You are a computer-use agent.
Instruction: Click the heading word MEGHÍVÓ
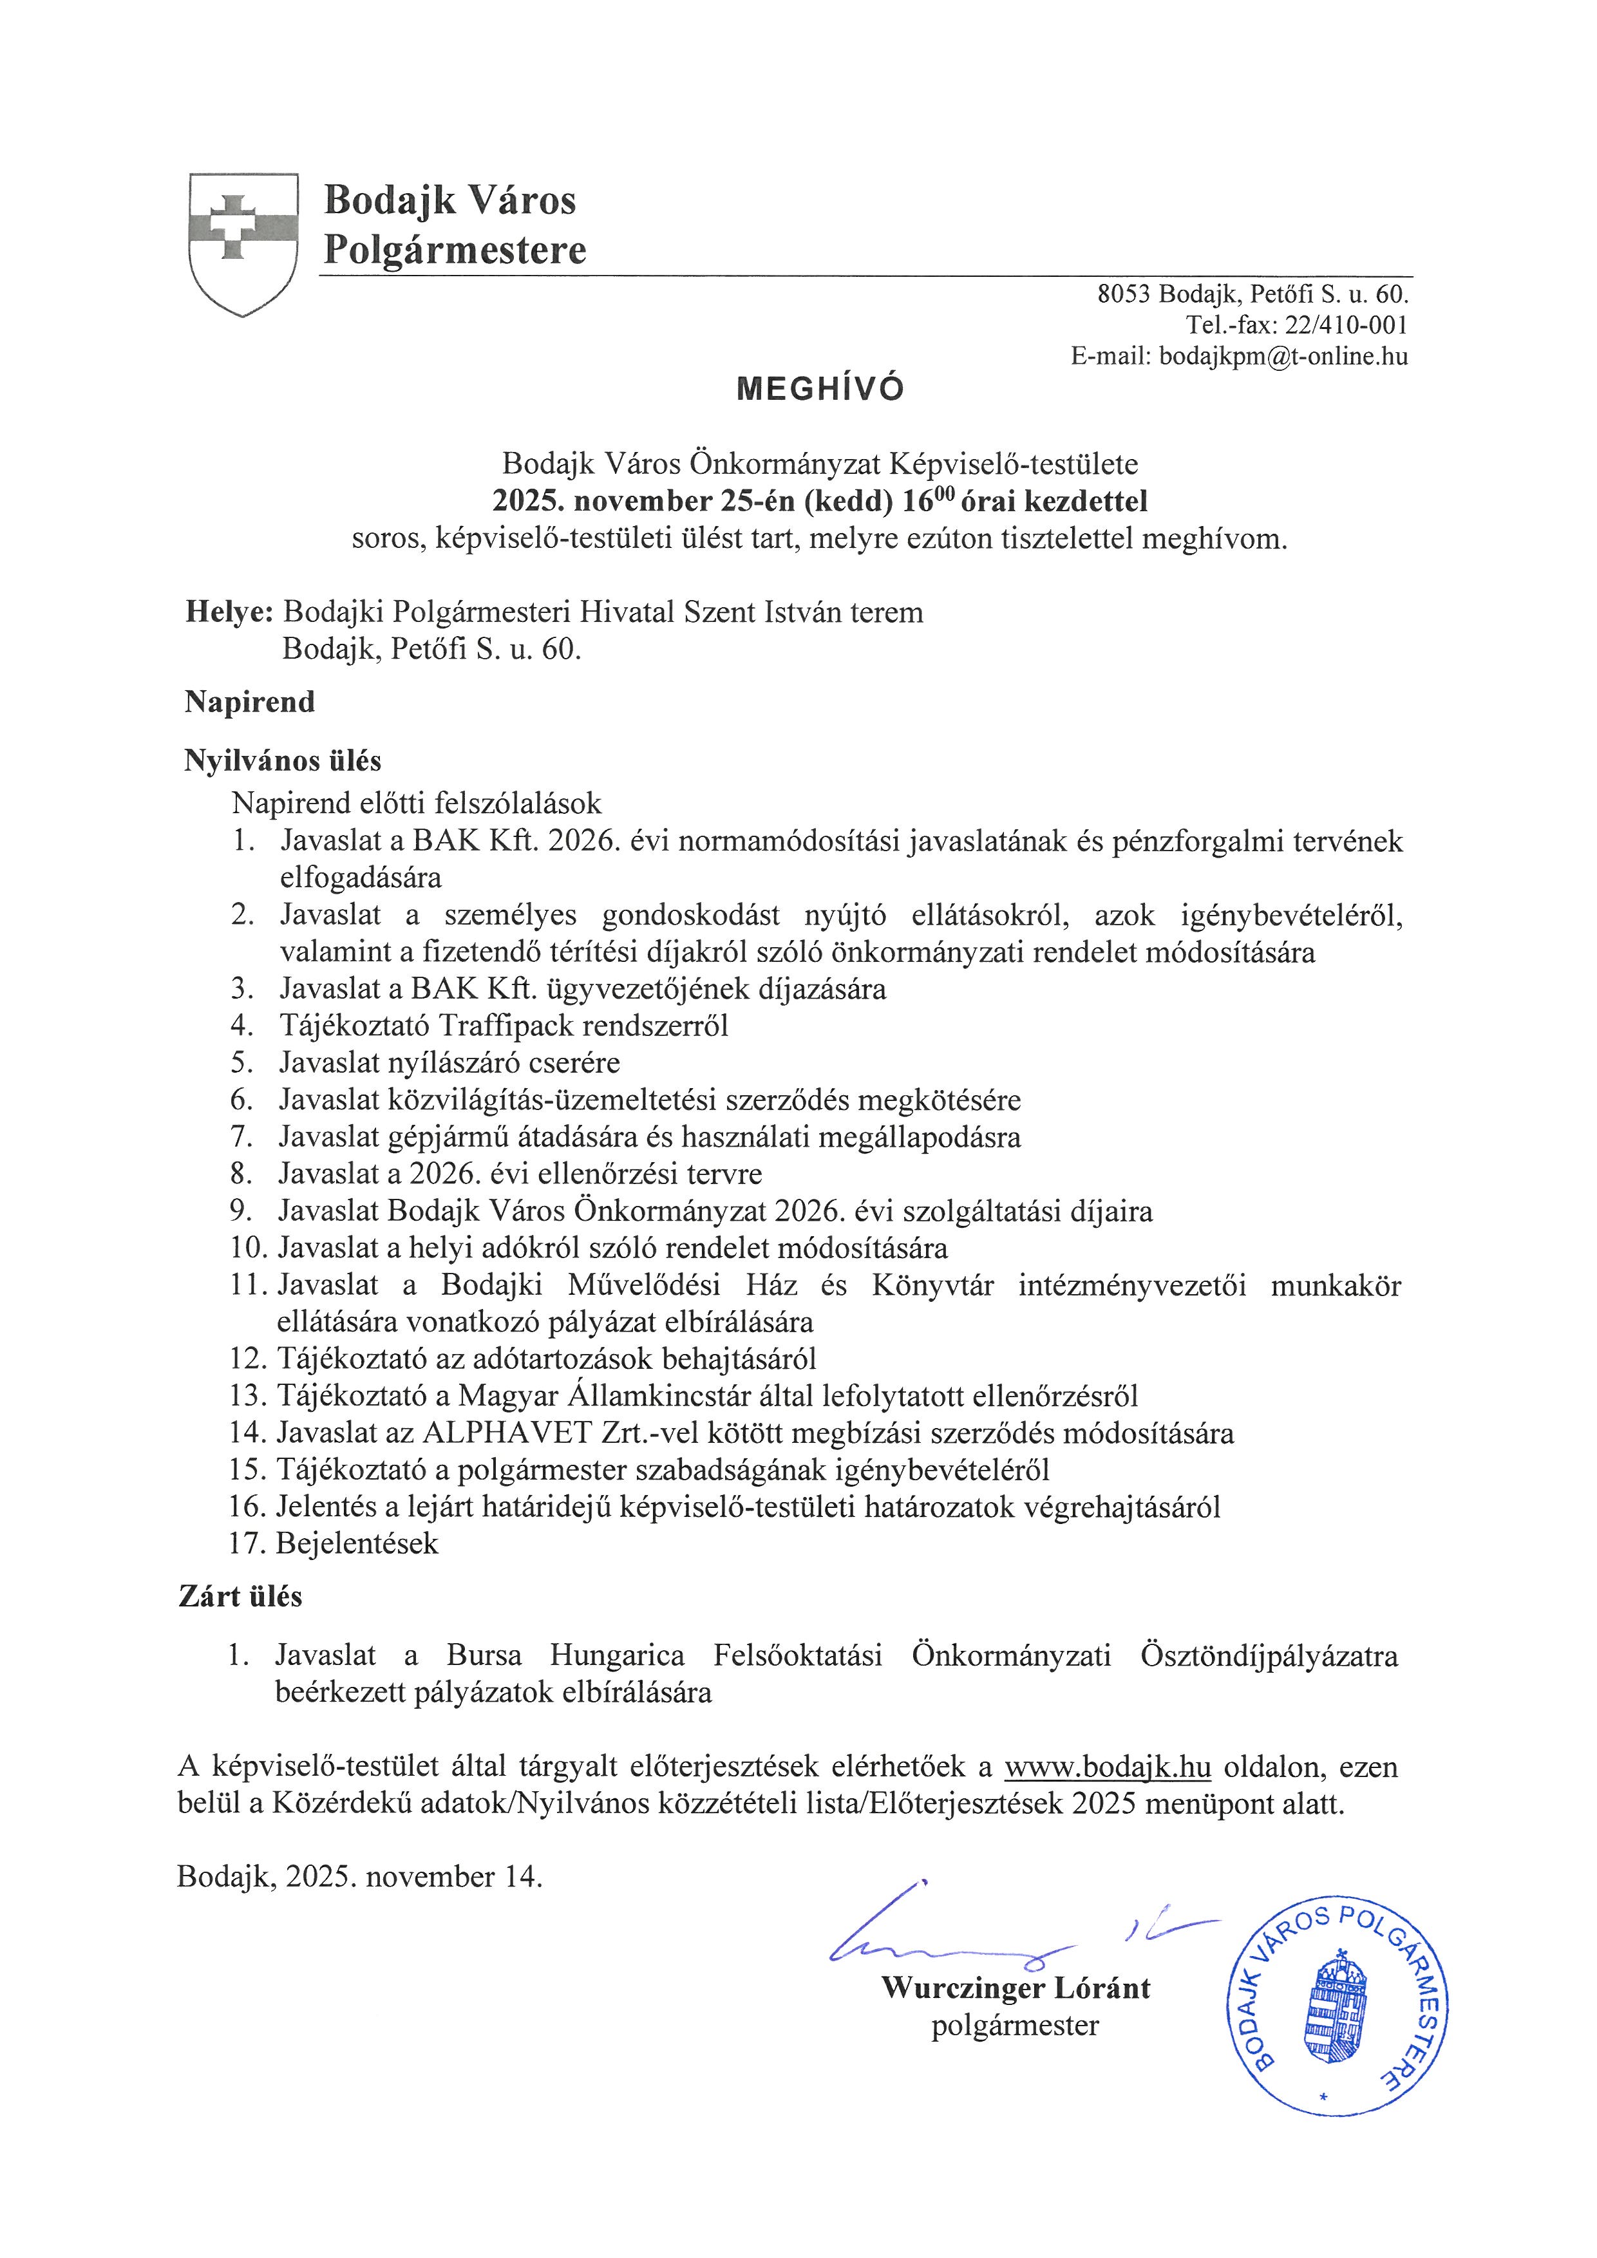coord(820,390)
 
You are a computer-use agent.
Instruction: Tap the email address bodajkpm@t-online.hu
coord(1283,357)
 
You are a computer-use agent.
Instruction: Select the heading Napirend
coord(250,702)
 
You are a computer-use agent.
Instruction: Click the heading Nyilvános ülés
coord(282,761)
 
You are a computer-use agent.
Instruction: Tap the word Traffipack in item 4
coord(506,1026)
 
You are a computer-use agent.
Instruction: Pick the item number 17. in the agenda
coord(248,1544)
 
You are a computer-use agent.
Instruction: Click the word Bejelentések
coord(357,1544)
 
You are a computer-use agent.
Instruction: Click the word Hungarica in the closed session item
coord(616,1656)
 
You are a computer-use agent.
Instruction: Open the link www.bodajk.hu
coord(1108,1767)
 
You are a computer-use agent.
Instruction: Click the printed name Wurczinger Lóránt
coord(1016,1988)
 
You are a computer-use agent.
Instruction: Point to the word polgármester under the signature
coord(1015,2026)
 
